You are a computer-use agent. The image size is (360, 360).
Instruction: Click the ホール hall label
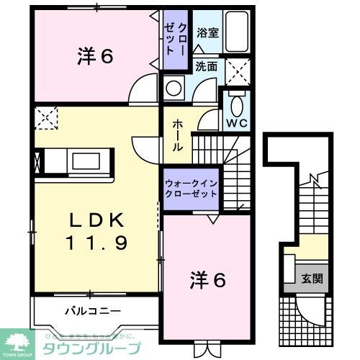tap(176, 135)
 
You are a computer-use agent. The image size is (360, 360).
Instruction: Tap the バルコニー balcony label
tap(84, 312)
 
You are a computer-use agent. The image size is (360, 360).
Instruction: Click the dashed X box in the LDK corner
tap(45, 117)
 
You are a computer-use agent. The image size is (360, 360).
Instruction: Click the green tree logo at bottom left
tap(19, 339)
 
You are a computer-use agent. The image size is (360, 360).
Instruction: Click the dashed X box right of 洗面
tap(237, 71)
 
